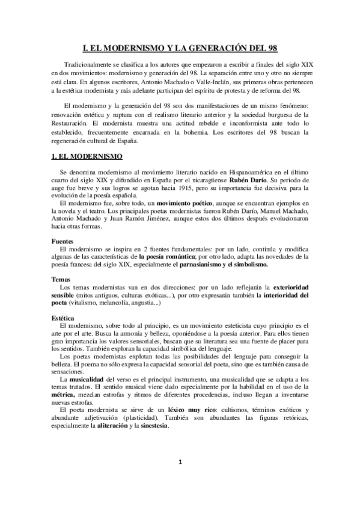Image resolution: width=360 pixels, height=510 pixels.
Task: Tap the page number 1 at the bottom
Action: pyautogui.click(x=180, y=479)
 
